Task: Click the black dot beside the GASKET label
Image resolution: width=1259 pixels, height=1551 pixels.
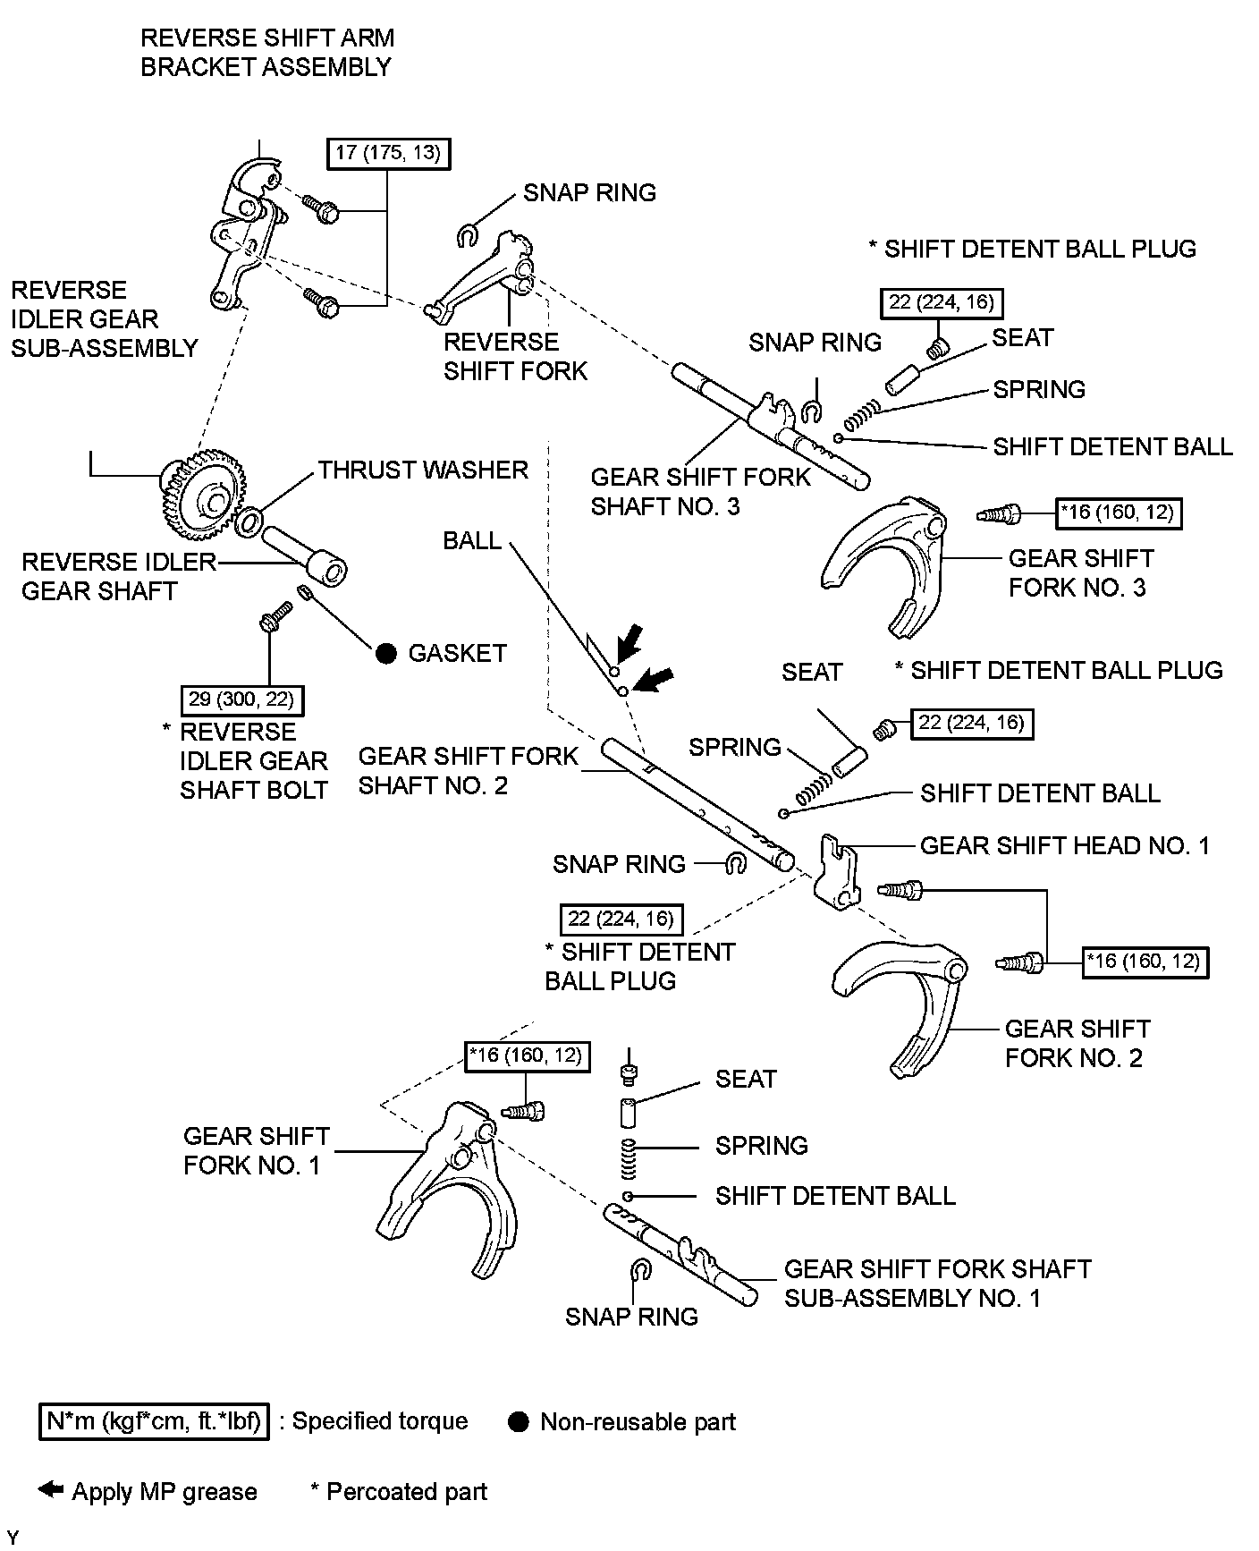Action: [x=385, y=653]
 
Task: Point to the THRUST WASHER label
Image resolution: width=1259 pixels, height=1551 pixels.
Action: [x=423, y=470]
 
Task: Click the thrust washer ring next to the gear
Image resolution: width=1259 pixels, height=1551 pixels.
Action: [x=249, y=522]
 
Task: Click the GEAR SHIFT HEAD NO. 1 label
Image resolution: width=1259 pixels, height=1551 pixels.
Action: [x=1064, y=846]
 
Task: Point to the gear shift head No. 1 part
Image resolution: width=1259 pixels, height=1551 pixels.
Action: [x=837, y=870]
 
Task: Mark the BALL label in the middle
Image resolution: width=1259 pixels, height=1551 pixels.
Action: [x=472, y=541]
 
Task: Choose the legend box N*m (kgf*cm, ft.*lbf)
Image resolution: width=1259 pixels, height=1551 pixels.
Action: [x=154, y=1421]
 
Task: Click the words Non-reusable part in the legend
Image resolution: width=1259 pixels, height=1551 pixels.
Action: [x=638, y=1422]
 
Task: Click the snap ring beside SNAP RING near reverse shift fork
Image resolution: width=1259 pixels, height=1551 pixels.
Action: [x=466, y=235]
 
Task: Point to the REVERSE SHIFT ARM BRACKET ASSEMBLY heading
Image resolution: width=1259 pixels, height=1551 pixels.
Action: [x=266, y=53]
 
